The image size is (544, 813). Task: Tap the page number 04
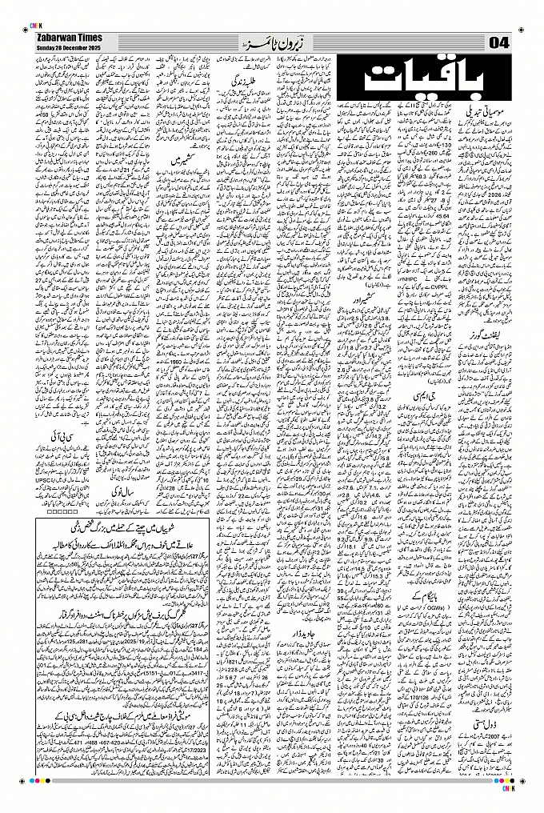[498, 42]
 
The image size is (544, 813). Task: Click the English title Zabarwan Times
[66, 38]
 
